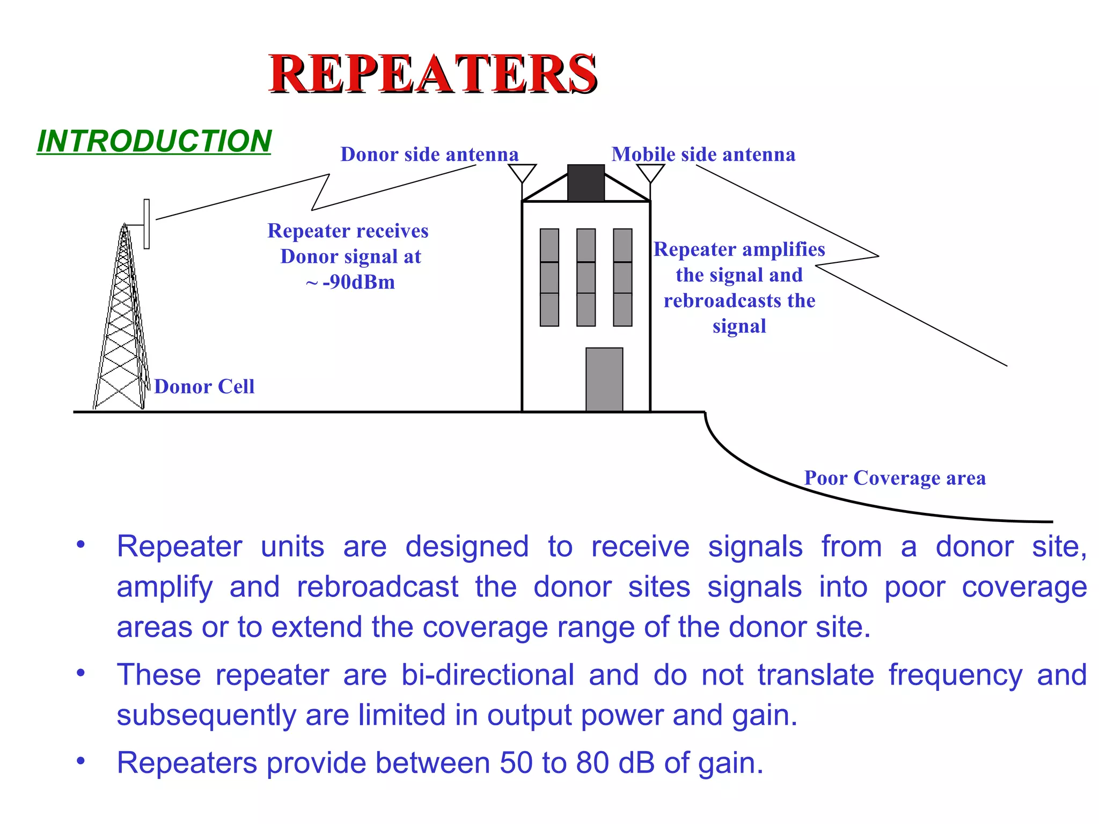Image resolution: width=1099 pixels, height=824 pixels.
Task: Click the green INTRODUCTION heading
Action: [155, 141]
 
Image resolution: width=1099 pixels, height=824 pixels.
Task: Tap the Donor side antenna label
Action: [429, 154]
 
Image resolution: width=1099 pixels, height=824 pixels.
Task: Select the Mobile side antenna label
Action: [703, 154]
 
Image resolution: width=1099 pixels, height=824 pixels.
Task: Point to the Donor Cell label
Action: [204, 387]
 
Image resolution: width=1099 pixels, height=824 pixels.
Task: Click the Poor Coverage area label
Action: [895, 478]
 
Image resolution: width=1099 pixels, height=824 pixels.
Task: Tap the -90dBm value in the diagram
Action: [358, 282]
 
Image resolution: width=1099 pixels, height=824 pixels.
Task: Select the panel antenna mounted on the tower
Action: [146, 224]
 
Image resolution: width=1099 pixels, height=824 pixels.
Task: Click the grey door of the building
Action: [604, 379]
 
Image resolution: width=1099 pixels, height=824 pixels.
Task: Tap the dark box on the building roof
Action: [586, 183]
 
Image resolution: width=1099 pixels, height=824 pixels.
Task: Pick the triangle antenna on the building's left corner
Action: [522, 173]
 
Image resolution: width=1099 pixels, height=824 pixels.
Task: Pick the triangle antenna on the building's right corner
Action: [650, 173]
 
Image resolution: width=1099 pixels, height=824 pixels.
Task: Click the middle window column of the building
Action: [586, 277]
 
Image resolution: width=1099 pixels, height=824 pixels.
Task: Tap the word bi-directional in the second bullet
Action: [488, 675]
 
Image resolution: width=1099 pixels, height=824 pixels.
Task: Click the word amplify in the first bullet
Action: [165, 587]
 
